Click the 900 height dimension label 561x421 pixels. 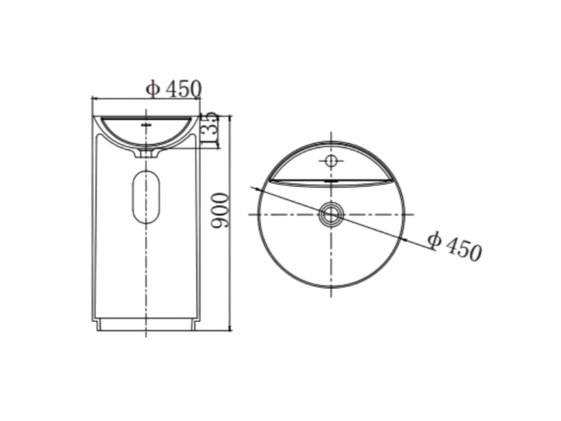(219, 210)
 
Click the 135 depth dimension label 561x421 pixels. (209, 130)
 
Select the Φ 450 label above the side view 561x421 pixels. (174, 89)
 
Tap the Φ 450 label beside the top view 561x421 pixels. (455, 246)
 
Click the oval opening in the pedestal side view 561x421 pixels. (146, 196)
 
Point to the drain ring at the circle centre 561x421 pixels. (331, 215)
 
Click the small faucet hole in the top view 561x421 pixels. (331, 161)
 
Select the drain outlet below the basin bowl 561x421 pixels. (146, 154)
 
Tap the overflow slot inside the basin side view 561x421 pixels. (147, 125)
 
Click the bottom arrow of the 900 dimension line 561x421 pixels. (230, 328)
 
